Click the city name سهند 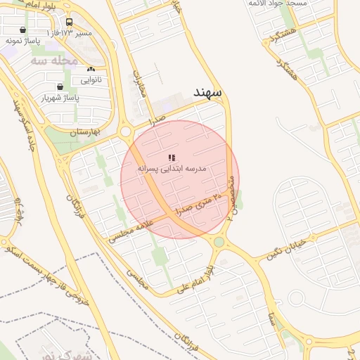pos(209,92)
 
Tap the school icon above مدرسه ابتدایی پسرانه pos(172,157)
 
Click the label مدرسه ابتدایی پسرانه pos(172,169)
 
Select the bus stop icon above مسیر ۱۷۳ pos(69,22)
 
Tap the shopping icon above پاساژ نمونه pos(23,30)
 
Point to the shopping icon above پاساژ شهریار pos(60,88)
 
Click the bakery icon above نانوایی pos(91,70)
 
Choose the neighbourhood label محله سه pos(54,60)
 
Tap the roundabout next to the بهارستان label pos(127,131)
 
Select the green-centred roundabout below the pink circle pos(219,243)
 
